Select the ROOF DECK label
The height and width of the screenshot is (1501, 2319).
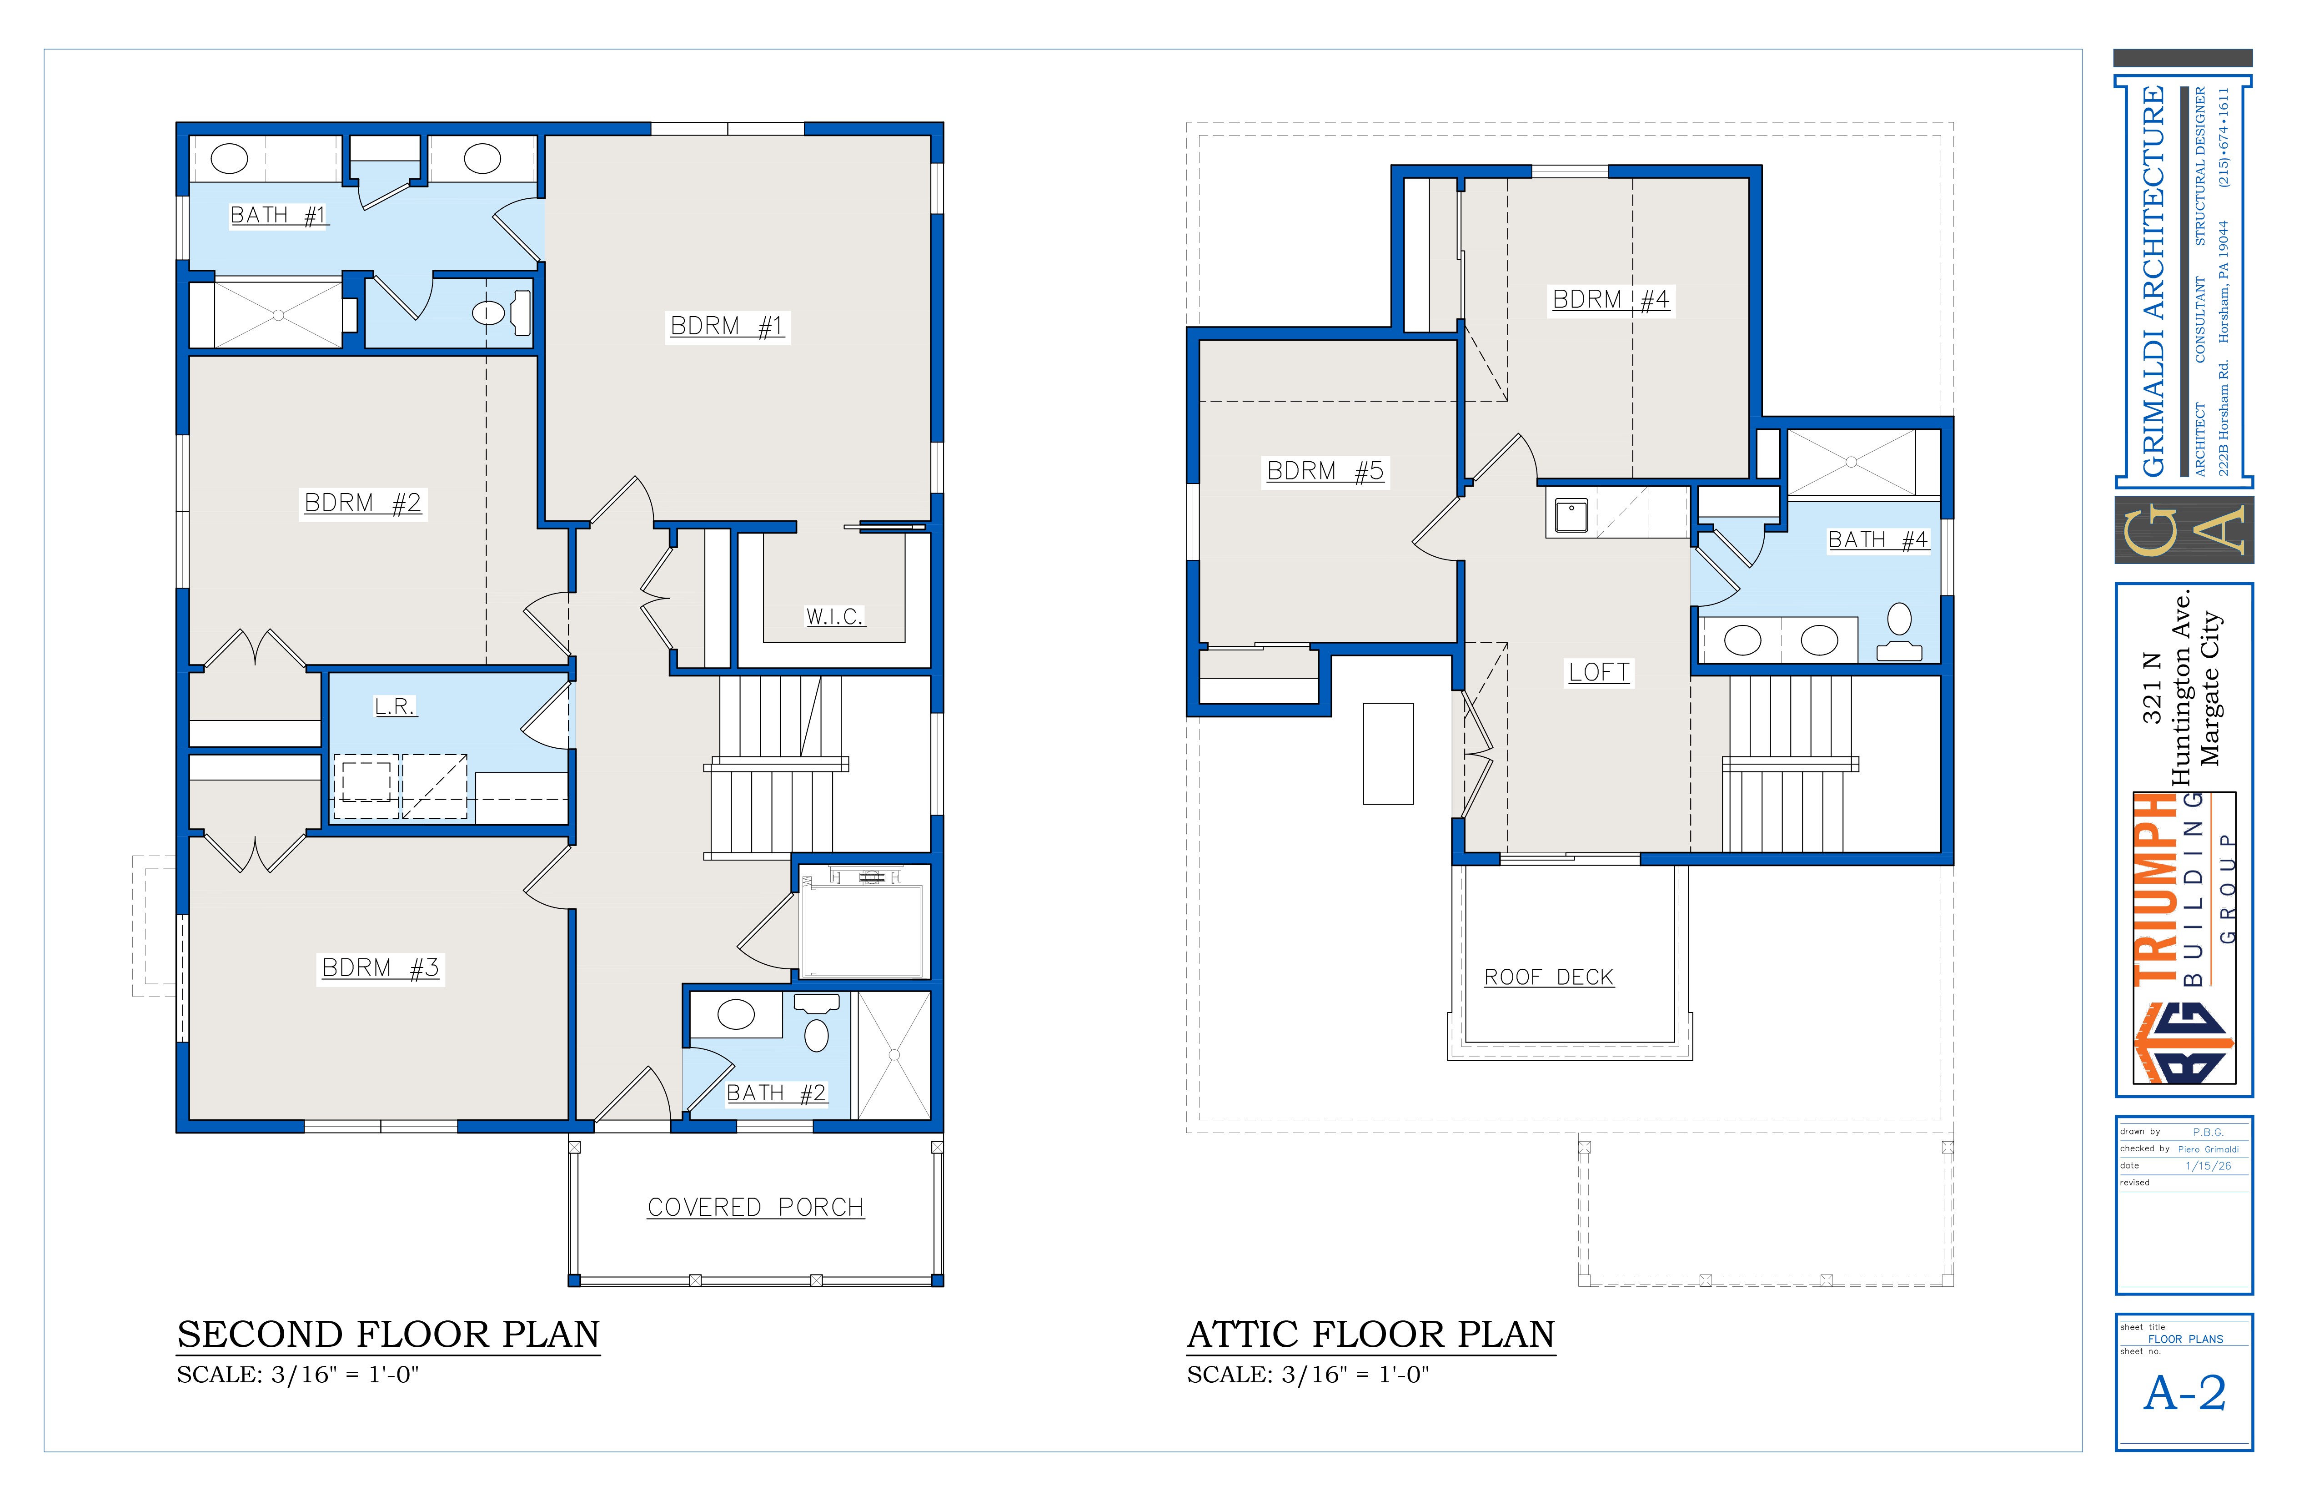point(1548,977)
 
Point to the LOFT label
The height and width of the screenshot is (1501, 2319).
point(1599,673)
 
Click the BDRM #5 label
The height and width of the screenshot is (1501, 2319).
point(1325,472)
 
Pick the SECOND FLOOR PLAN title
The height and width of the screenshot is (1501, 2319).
point(388,1335)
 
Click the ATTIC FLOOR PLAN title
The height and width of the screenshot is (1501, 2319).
point(1371,1335)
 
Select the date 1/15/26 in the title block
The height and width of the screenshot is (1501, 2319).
point(2208,1166)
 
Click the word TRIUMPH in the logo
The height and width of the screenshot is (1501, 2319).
point(2156,889)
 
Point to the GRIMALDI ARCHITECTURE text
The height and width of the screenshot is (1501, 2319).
point(2153,282)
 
